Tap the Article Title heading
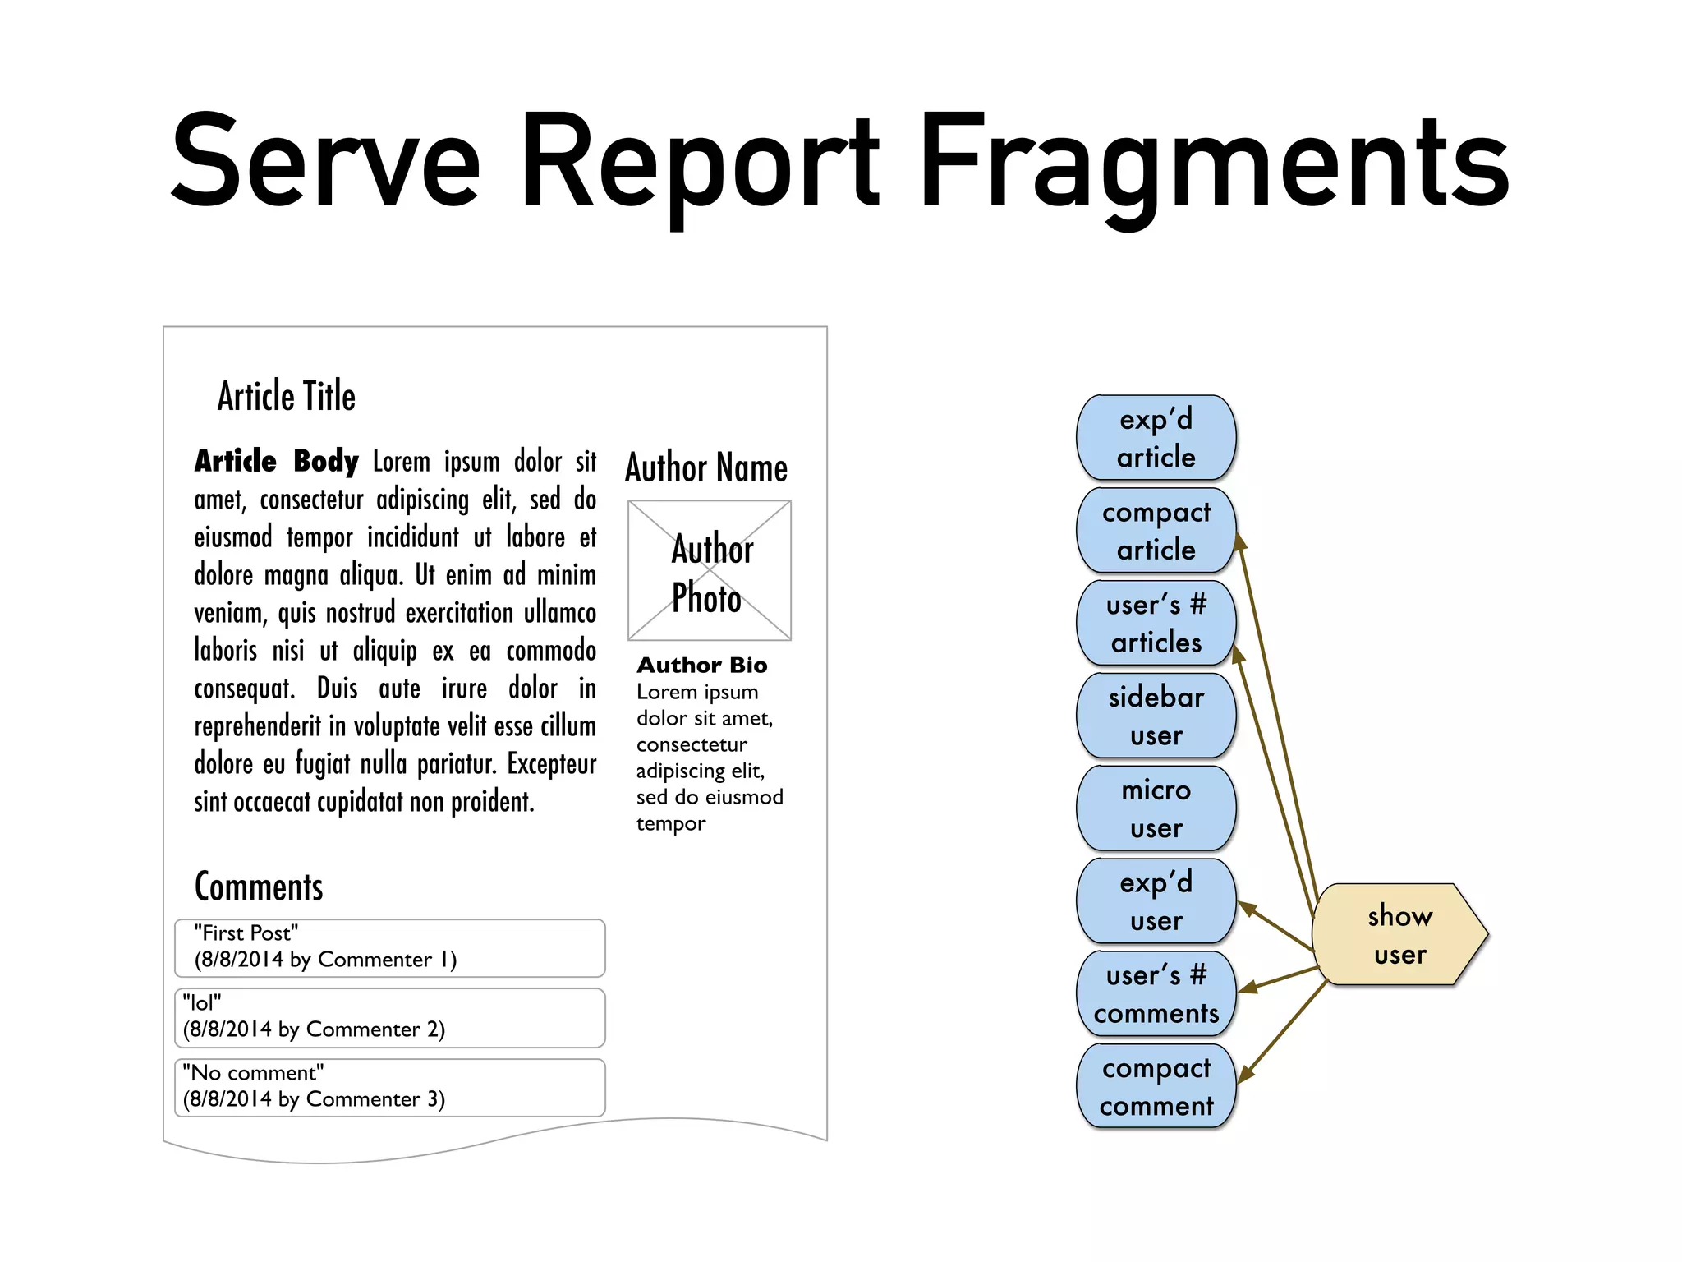287,397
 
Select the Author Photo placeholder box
710,571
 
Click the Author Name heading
706,468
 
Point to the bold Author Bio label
702,665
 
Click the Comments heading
259,887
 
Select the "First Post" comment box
390,947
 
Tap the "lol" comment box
390,1017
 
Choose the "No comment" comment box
390,1087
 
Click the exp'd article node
1156,438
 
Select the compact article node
1156,531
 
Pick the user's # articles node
1156,624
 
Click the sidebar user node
1156,716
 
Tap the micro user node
1156,808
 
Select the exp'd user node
1156,901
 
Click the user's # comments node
1156,994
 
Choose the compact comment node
1156,1086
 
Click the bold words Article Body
276,462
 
